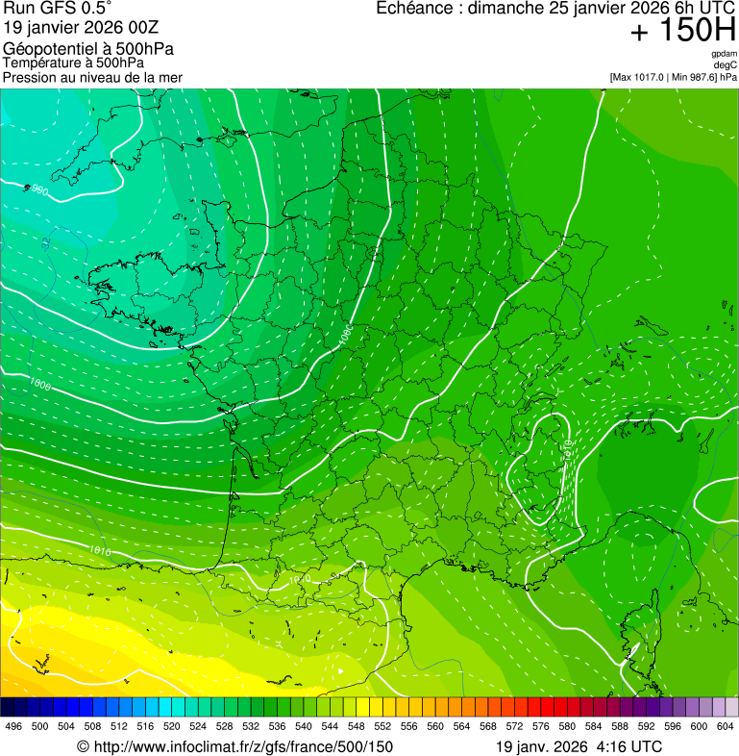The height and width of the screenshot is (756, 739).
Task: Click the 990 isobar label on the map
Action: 39,190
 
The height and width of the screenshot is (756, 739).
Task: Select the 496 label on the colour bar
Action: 13,727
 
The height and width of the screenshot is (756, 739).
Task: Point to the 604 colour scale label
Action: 726,727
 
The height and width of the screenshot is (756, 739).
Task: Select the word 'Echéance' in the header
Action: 410,8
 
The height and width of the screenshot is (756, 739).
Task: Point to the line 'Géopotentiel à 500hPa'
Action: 89,49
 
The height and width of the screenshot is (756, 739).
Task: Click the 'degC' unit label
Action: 726,65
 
